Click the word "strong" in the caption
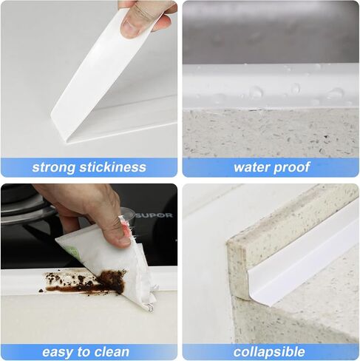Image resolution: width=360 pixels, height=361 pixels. pyautogui.click(x=53, y=167)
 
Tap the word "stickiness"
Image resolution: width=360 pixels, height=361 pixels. pyautogui.click(x=112, y=166)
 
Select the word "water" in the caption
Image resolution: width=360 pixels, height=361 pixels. pyautogui.click(x=251, y=167)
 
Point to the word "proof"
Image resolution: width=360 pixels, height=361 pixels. pyautogui.click(x=291, y=168)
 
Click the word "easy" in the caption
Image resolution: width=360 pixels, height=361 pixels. pyautogui.click(x=58, y=352)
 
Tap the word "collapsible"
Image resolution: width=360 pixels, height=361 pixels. pyautogui.click(x=269, y=352)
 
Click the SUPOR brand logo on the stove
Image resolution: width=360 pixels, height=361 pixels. pyautogui.click(x=154, y=215)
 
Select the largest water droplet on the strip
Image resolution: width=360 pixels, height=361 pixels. pyautogui.click(x=256, y=92)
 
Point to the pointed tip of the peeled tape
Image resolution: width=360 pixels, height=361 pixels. pyautogui.click(x=66, y=141)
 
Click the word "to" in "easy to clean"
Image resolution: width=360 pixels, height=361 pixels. pyautogui.click(x=83, y=352)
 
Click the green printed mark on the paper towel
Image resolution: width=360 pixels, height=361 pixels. pyautogui.click(x=73, y=252)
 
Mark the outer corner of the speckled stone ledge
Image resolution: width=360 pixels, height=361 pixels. pyautogui.click(x=228, y=243)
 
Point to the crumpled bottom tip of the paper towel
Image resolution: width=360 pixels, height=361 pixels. pyautogui.click(x=150, y=308)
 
